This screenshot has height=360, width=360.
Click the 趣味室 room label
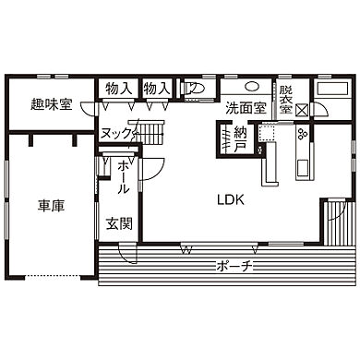52,104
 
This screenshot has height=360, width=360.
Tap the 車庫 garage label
52,206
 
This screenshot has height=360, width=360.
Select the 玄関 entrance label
119,223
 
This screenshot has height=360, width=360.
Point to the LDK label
231,200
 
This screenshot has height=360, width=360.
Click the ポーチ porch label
234,266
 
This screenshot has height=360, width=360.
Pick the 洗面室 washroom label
246,108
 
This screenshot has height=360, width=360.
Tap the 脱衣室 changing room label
286,100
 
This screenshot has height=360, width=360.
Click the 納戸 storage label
240,139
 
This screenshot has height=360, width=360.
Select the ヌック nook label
116,134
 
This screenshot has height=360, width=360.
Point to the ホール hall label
124,178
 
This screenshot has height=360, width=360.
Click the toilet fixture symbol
194,89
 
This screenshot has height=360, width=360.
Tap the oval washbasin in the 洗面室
253,87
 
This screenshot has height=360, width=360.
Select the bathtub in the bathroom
332,89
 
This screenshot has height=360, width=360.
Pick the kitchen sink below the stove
303,168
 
